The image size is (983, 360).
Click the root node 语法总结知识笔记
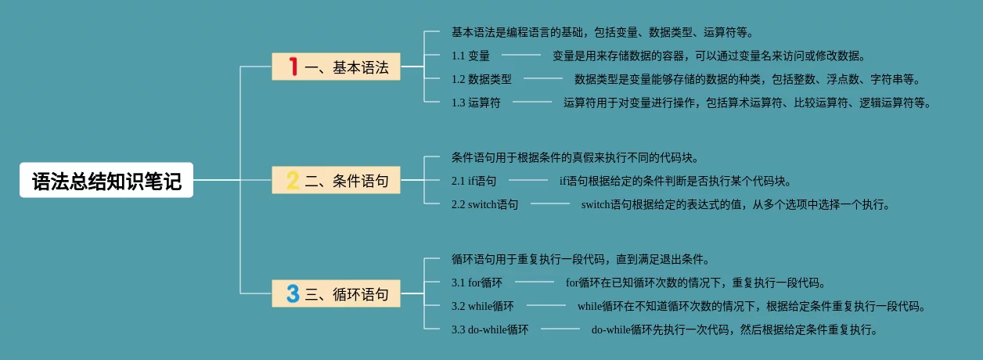pyautogui.click(x=106, y=181)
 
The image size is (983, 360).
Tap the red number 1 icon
pyautogui.click(x=293, y=67)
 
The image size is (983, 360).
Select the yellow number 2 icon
pyautogui.click(x=293, y=181)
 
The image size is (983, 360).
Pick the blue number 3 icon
pyautogui.click(x=293, y=294)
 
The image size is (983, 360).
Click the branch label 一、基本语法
pyautogui.click(x=347, y=67)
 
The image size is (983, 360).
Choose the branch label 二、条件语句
pyautogui.click(x=347, y=181)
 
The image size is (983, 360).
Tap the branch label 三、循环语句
pyautogui.click(x=347, y=294)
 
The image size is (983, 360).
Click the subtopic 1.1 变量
pyautogui.click(x=470, y=56)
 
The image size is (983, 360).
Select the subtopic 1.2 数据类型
pyautogui.click(x=481, y=79)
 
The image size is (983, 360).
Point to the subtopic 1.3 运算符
pyautogui.click(x=476, y=103)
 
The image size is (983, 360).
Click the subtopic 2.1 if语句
pyautogui.click(x=473, y=181)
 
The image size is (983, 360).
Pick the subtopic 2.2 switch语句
pyautogui.click(x=484, y=204)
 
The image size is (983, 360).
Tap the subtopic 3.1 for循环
pyautogui.click(x=477, y=283)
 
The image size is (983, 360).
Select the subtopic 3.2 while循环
pyautogui.click(x=483, y=306)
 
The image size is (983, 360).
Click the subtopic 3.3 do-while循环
pyautogui.click(x=490, y=329)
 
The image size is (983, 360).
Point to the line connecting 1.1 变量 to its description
pyautogui.click(x=521, y=55)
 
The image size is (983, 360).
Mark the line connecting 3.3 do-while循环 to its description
pyautogui.click(x=560, y=329)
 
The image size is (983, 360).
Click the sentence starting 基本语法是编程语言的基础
pyautogui.click(x=602, y=32)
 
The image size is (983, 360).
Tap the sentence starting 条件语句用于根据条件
pyautogui.click(x=574, y=157)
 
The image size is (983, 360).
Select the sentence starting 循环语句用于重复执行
pyautogui.click(x=580, y=259)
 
